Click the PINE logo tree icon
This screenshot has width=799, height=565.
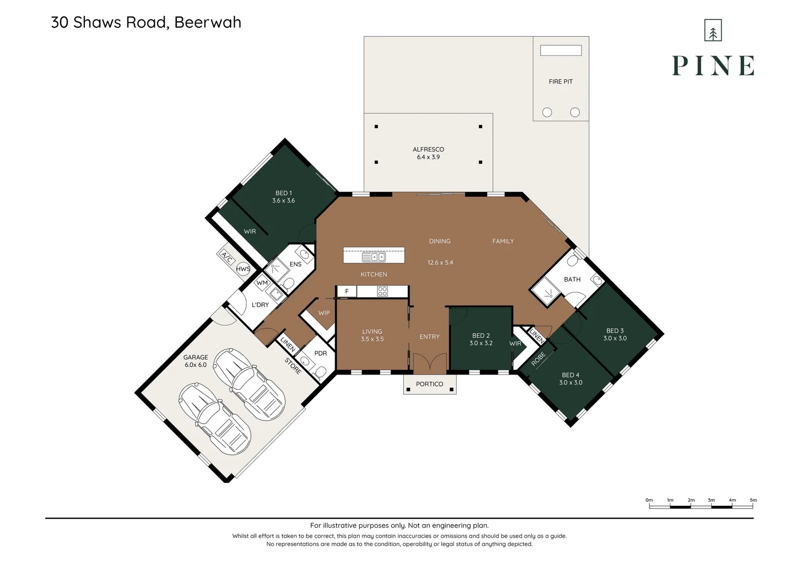point(713,30)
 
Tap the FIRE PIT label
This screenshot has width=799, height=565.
point(561,82)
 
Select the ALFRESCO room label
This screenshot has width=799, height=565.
point(428,149)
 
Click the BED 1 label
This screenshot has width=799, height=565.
point(283,193)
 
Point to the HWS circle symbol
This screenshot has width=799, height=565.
point(243,269)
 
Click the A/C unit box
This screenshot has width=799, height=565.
point(226,256)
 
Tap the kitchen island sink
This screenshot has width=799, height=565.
point(374,257)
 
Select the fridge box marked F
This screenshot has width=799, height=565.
point(346,291)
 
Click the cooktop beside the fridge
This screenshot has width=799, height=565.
point(382,291)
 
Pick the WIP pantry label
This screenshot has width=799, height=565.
point(324,313)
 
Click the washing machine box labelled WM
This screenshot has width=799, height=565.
point(262,282)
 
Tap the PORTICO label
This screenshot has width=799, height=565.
point(429,384)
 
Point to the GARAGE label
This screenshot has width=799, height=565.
point(196,357)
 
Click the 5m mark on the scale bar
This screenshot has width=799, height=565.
point(753,500)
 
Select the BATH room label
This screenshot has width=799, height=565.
point(572,279)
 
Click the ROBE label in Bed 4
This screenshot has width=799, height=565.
point(538,359)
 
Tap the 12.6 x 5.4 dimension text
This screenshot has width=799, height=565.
point(440,263)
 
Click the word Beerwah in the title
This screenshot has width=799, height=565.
point(208,22)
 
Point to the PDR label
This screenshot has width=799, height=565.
point(321,353)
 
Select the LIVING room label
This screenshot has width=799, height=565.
point(372,332)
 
